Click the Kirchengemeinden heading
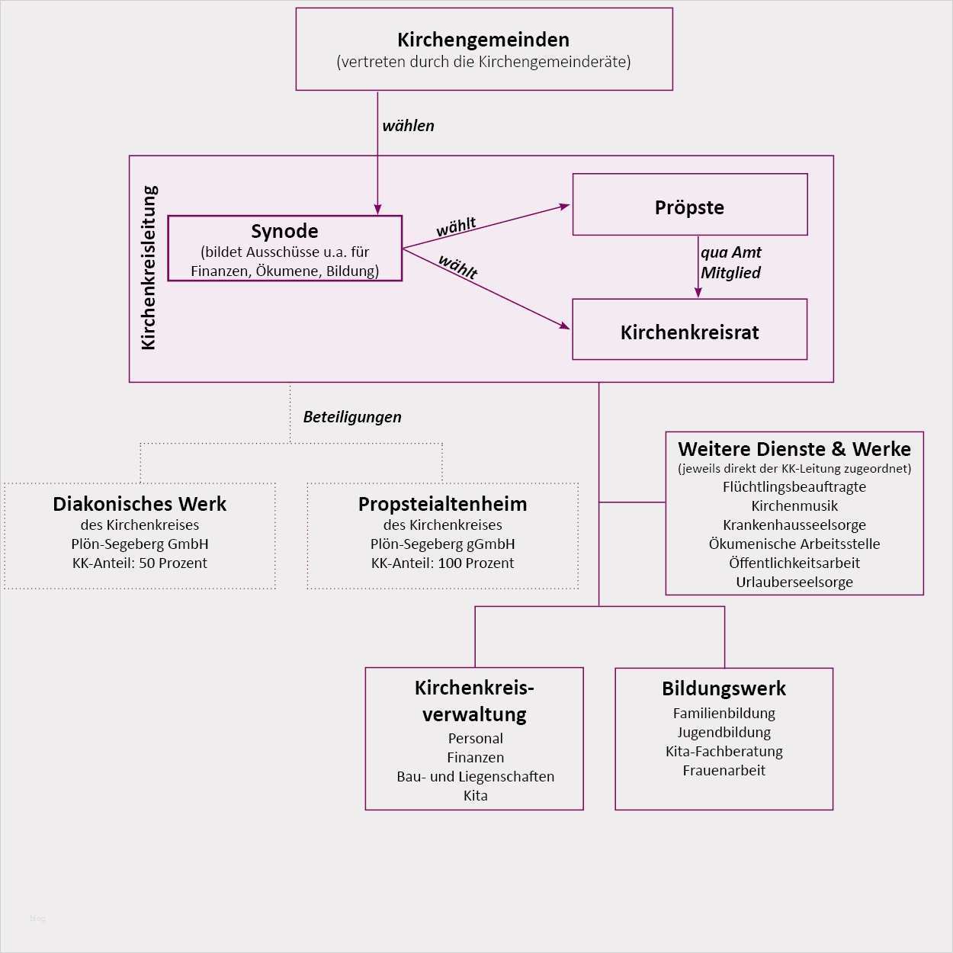pyautogui.click(x=483, y=40)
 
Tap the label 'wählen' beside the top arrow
pyautogui.click(x=408, y=126)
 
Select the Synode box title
pyautogui.click(x=284, y=231)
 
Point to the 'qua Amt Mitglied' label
pyautogui.click(x=730, y=262)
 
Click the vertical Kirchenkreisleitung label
pyautogui.click(x=149, y=268)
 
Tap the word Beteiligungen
pyautogui.click(x=352, y=417)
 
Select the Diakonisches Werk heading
pyautogui.click(x=140, y=504)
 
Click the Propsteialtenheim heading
pyautogui.click(x=442, y=504)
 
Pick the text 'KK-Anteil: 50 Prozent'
pyautogui.click(x=140, y=563)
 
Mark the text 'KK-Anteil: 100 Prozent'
pyautogui.click(x=442, y=563)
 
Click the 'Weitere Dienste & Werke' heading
pyautogui.click(x=794, y=449)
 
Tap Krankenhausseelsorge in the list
pyautogui.click(x=794, y=525)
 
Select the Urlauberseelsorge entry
pyautogui.click(x=794, y=582)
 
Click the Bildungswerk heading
pyautogui.click(x=724, y=688)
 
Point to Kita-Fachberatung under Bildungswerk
pyautogui.click(x=724, y=752)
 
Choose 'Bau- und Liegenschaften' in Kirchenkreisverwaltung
pyautogui.click(x=475, y=777)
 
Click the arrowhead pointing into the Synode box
pyautogui.click(x=377, y=210)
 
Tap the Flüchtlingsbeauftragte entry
pyautogui.click(x=794, y=487)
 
